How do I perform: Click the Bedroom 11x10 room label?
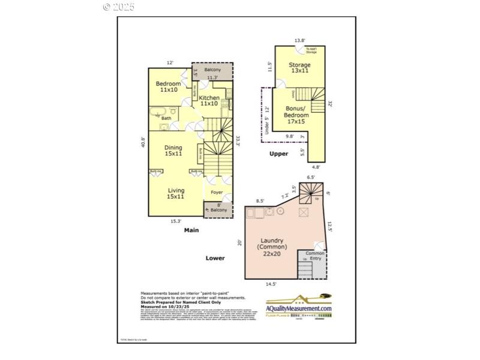pyautogui.click(x=169, y=86)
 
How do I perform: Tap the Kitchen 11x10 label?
pyautogui.click(x=209, y=101)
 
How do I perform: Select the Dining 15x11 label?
pyautogui.click(x=174, y=151)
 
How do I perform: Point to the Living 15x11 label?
pyautogui.click(x=176, y=193)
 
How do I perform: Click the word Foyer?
pyautogui.click(x=217, y=193)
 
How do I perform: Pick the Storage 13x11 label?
pyautogui.click(x=299, y=68)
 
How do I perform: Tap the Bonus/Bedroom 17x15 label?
pyautogui.click(x=296, y=115)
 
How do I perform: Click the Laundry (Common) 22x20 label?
pyautogui.click(x=272, y=247)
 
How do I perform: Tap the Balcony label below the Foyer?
pyautogui.click(x=218, y=210)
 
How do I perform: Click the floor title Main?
pyautogui.click(x=191, y=230)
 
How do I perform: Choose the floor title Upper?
pyautogui.click(x=278, y=154)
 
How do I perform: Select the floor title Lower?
pyautogui.click(x=215, y=258)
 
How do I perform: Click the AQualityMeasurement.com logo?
pyautogui.click(x=298, y=304)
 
